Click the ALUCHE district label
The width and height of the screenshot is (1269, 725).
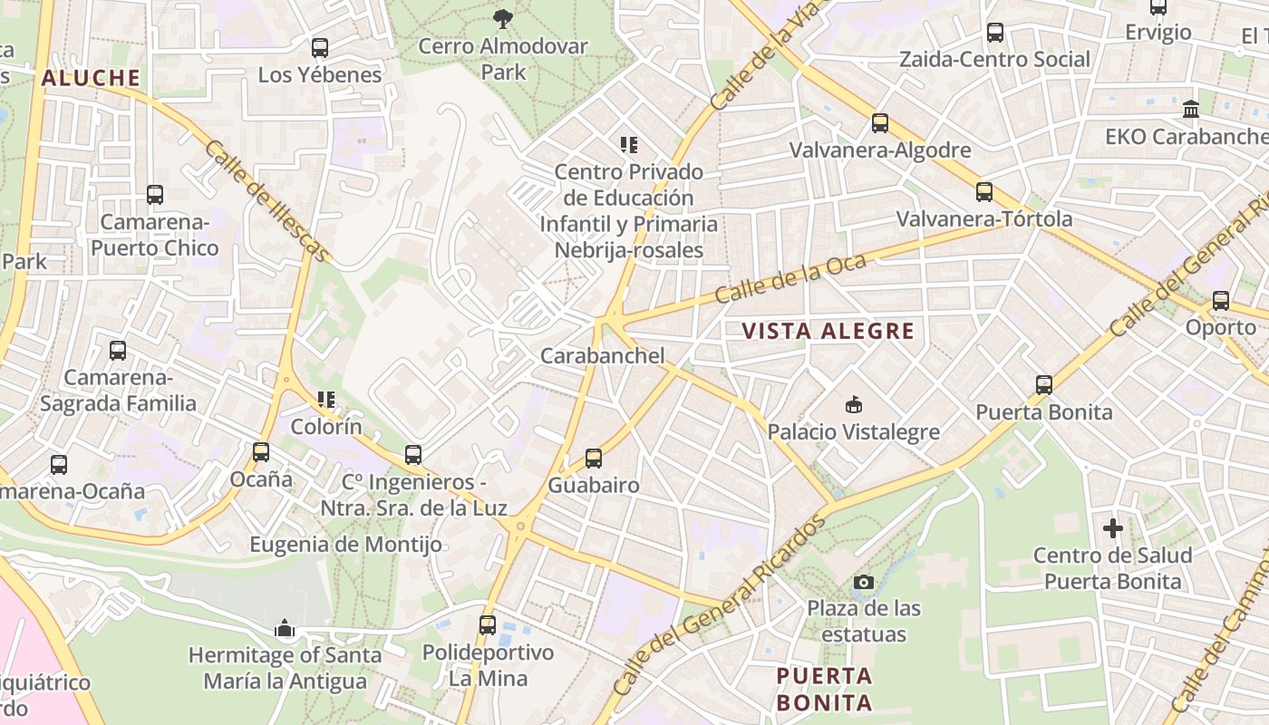91,78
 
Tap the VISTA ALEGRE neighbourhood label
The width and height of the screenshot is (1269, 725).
828,331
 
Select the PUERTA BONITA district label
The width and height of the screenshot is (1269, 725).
824,689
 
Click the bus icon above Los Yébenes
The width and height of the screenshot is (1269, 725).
319,48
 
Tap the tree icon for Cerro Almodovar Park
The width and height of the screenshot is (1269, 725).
503,18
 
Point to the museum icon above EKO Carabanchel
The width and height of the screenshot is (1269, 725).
1191,110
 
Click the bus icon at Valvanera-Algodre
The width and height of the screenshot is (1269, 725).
879,123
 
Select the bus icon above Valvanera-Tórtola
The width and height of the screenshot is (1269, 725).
984,192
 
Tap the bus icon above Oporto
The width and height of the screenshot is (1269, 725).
1221,301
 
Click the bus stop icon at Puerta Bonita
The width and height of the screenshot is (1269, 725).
1043,385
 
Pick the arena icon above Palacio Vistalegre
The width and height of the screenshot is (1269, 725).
853,404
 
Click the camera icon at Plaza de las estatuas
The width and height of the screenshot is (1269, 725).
864,582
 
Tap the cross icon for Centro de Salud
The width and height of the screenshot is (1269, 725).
1113,527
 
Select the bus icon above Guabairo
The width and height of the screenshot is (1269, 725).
594,459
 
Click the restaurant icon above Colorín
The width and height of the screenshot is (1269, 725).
326,400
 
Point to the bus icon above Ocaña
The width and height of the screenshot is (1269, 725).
261,451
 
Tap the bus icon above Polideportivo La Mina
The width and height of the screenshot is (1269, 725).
488,624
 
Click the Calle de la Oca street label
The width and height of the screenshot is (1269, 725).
790,279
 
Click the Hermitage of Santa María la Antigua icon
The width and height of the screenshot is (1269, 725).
285,627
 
